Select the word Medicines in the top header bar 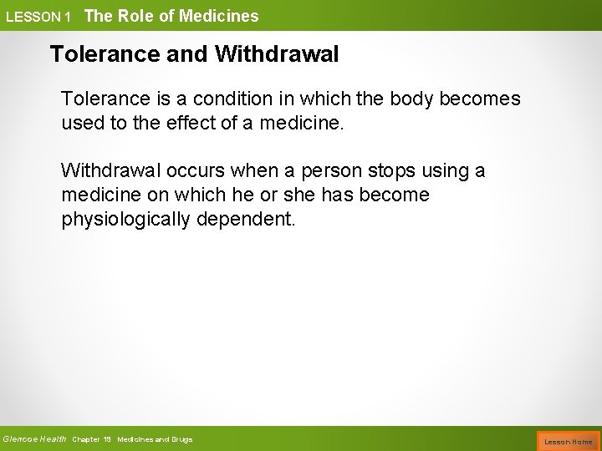[221, 15]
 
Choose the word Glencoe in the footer [19, 439]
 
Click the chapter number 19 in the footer [108, 439]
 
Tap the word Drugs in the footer [181, 439]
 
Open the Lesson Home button [569, 441]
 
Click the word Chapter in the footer [87, 439]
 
